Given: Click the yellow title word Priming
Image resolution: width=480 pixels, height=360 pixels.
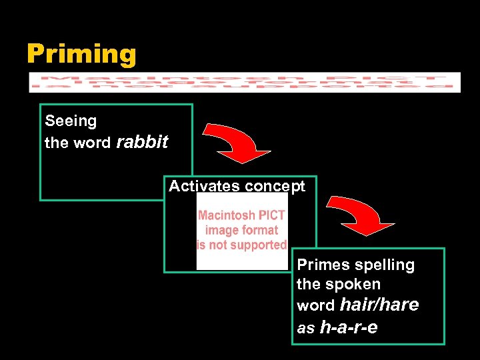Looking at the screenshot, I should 81,54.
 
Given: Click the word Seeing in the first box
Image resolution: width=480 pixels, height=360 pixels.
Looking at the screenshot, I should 71,121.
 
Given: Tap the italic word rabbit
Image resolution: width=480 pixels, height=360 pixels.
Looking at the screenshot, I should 143,142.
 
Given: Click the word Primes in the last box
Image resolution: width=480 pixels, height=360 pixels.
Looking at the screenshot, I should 323,265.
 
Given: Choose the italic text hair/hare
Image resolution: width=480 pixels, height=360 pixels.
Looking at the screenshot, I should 379,305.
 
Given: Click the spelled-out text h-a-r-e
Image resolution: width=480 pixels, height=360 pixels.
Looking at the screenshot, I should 349,327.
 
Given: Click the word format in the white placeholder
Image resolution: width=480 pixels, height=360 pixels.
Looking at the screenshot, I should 260,230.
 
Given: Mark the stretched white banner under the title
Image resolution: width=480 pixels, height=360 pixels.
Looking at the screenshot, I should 245,82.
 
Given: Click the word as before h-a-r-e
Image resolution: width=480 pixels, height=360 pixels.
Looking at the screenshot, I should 305,329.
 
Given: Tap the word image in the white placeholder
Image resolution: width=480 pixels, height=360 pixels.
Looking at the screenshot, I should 222,230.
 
